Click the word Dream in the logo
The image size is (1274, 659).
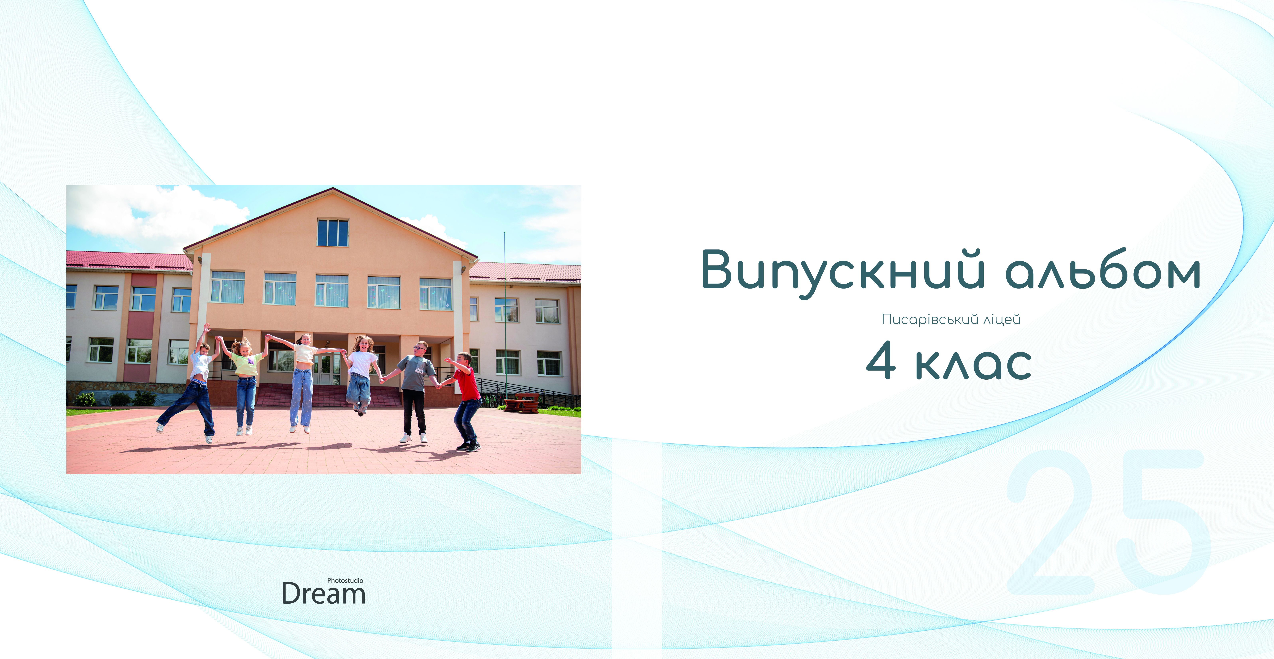[x=323, y=594]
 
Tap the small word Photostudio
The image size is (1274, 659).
[x=345, y=580]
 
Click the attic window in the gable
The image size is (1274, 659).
[x=333, y=232]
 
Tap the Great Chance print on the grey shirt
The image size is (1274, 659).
[x=419, y=369]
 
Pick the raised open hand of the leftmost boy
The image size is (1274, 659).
[x=207, y=327]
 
